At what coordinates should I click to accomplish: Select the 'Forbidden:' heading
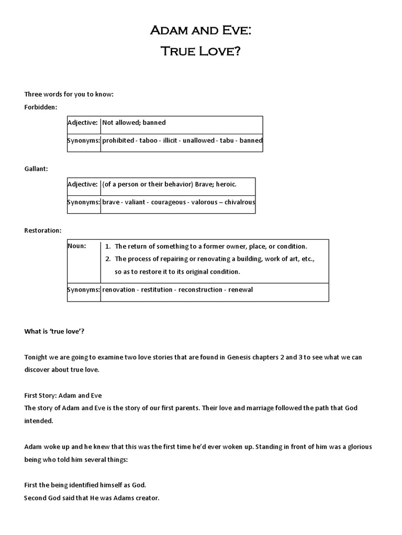(x=41, y=107)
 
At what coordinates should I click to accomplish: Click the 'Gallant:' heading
(x=37, y=169)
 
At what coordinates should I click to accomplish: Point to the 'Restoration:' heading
(x=43, y=230)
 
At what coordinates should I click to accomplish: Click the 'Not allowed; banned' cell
(x=134, y=123)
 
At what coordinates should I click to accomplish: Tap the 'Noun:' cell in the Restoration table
(x=77, y=246)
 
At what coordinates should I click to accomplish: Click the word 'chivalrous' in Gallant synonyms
(x=240, y=202)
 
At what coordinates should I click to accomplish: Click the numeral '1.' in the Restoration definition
(x=107, y=246)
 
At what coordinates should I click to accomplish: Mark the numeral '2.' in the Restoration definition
(x=107, y=259)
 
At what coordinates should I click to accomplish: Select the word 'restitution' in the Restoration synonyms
(x=157, y=289)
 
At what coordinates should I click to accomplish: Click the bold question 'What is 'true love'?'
(x=54, y=331)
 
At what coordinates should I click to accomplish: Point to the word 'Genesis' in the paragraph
(x=242, y=357)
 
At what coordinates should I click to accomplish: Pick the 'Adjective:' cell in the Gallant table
(x=83, y=184)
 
